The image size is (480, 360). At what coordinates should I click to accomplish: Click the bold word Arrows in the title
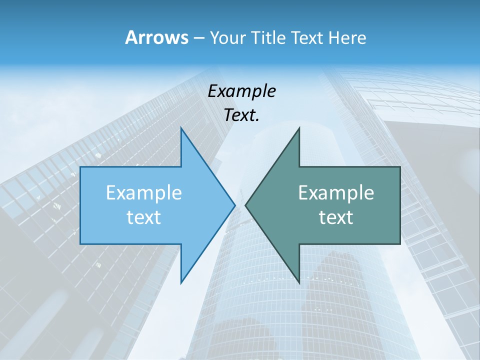coord(156,37)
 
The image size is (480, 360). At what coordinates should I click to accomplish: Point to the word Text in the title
coord(309,37)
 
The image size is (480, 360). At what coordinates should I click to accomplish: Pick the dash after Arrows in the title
coord(198,38)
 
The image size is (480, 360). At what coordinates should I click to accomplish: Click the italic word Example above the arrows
coord(242,91)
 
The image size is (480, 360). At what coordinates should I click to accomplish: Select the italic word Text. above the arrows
coord(242,115)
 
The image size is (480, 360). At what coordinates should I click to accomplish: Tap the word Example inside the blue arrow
coord(144,193)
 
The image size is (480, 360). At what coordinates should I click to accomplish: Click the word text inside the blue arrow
coord(144,217)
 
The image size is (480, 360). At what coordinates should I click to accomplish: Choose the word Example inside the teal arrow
coord(336,193)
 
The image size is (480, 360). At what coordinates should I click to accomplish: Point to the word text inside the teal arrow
coord(336,217)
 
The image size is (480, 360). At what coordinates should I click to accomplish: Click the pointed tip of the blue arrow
coord(235,205)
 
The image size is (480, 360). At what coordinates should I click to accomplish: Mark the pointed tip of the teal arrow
coord(245,205)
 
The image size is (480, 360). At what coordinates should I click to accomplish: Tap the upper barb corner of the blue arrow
coord(181,128)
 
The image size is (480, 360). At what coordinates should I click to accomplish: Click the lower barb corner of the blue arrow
coord(181,282)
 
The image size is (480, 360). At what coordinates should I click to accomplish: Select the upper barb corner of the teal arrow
coord(299,128)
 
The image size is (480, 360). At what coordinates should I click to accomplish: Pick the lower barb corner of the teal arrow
coord(299,282)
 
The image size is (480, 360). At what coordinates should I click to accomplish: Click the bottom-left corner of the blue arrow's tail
coord(80,244)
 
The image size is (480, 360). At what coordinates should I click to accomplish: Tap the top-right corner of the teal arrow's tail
coord(400,167)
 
